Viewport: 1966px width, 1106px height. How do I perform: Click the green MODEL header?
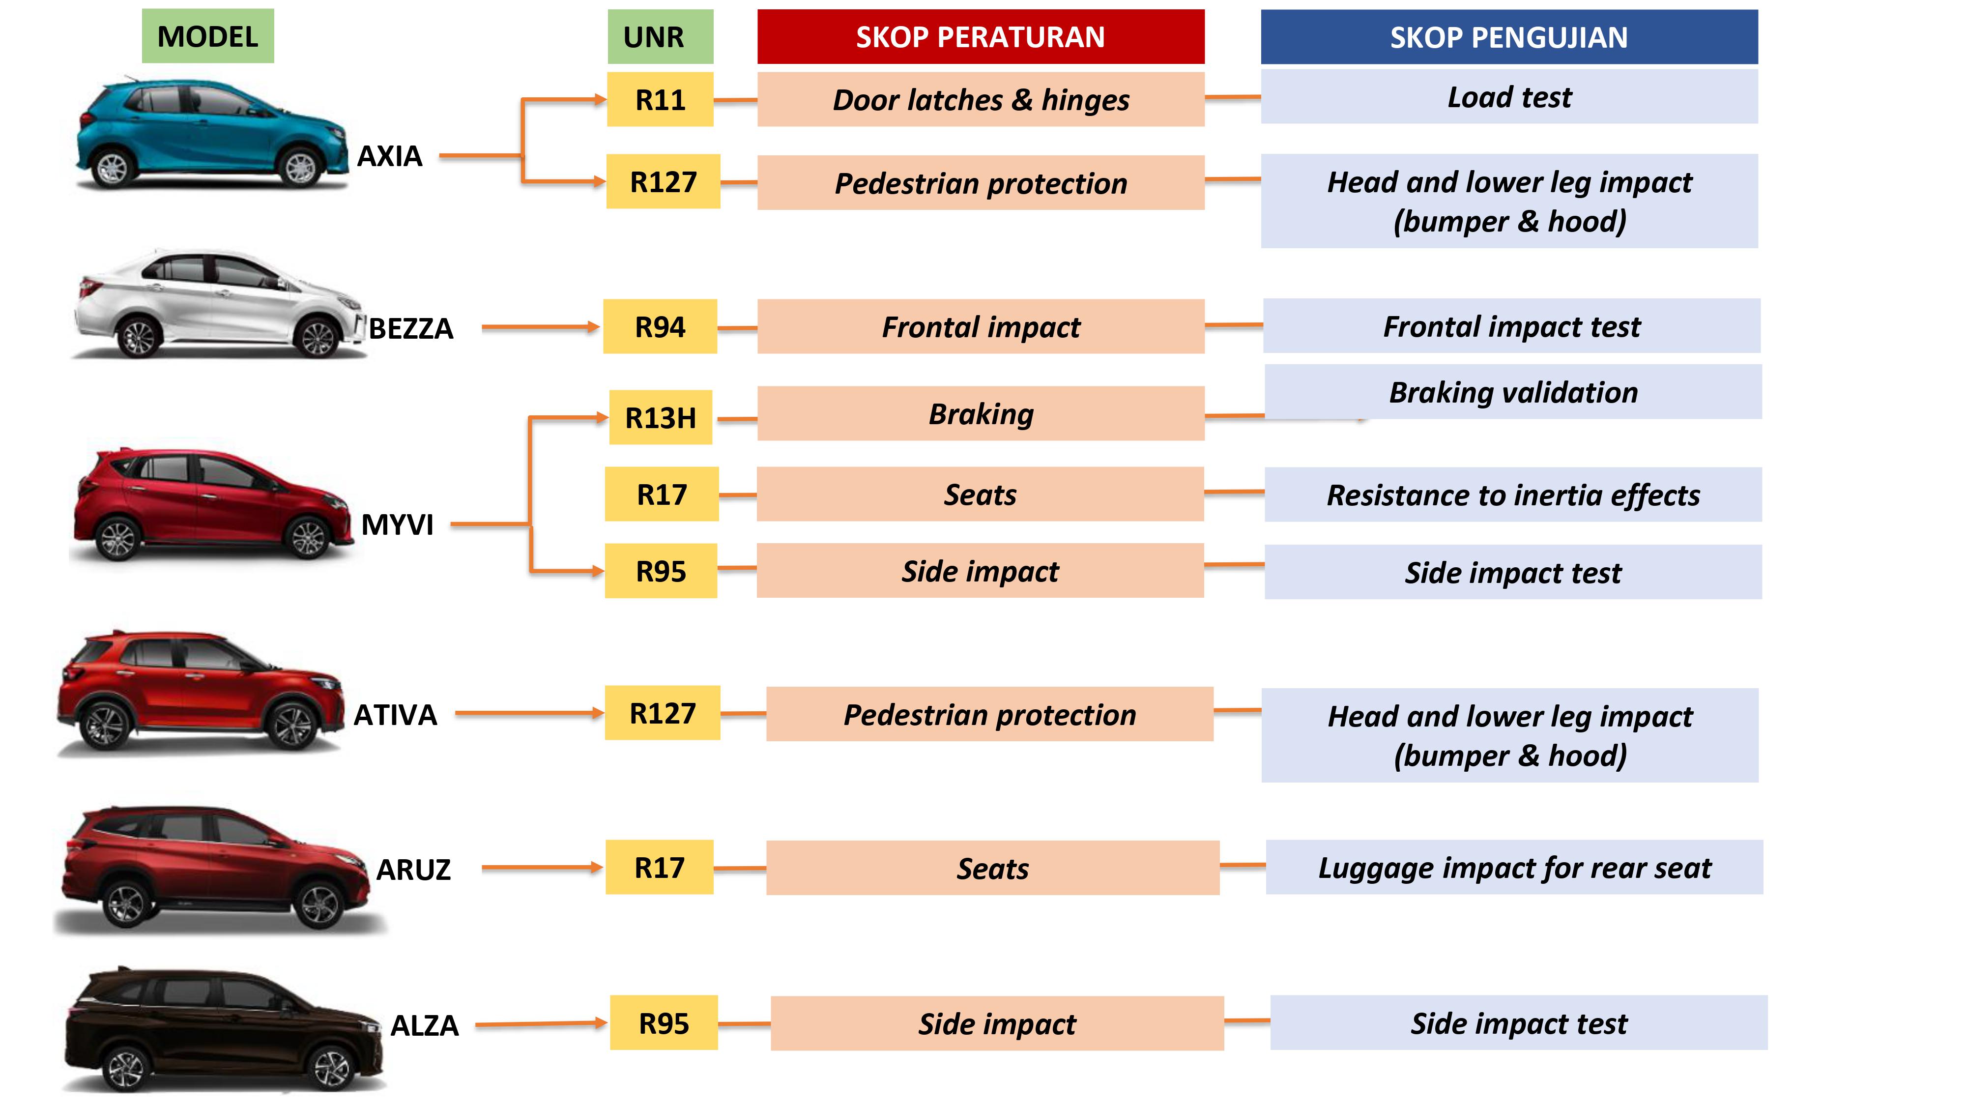(x=207, y=36)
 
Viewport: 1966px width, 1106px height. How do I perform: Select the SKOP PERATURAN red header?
(x=981, y=37)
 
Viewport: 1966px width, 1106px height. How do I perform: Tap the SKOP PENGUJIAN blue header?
(x=1509, y=37)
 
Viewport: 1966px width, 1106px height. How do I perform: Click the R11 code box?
(x=660, y=99)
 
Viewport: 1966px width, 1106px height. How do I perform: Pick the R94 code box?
(x=660, y=327)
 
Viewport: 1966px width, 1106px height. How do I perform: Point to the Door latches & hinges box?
(x=981, y=99)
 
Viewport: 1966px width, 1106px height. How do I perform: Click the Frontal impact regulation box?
(x=981, y=327)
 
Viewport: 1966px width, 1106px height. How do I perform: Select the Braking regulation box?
(x=981, y=414)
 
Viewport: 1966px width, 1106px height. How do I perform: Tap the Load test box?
(x=1509, y=97)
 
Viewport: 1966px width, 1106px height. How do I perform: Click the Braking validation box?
(x=1513, y=392)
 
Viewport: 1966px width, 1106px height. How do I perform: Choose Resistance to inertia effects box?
(x=1513, y=495)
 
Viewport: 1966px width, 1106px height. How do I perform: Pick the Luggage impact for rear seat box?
(x=1514, y=867)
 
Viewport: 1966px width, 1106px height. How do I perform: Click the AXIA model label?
(x=389, y=156)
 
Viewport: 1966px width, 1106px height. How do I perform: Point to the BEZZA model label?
(x=410, y=328)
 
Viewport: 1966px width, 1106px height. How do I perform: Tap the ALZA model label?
(x=424, y=1025)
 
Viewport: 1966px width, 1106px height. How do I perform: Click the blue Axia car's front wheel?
(x=300, y=168)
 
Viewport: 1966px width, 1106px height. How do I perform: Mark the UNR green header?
(x=660, y=37)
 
